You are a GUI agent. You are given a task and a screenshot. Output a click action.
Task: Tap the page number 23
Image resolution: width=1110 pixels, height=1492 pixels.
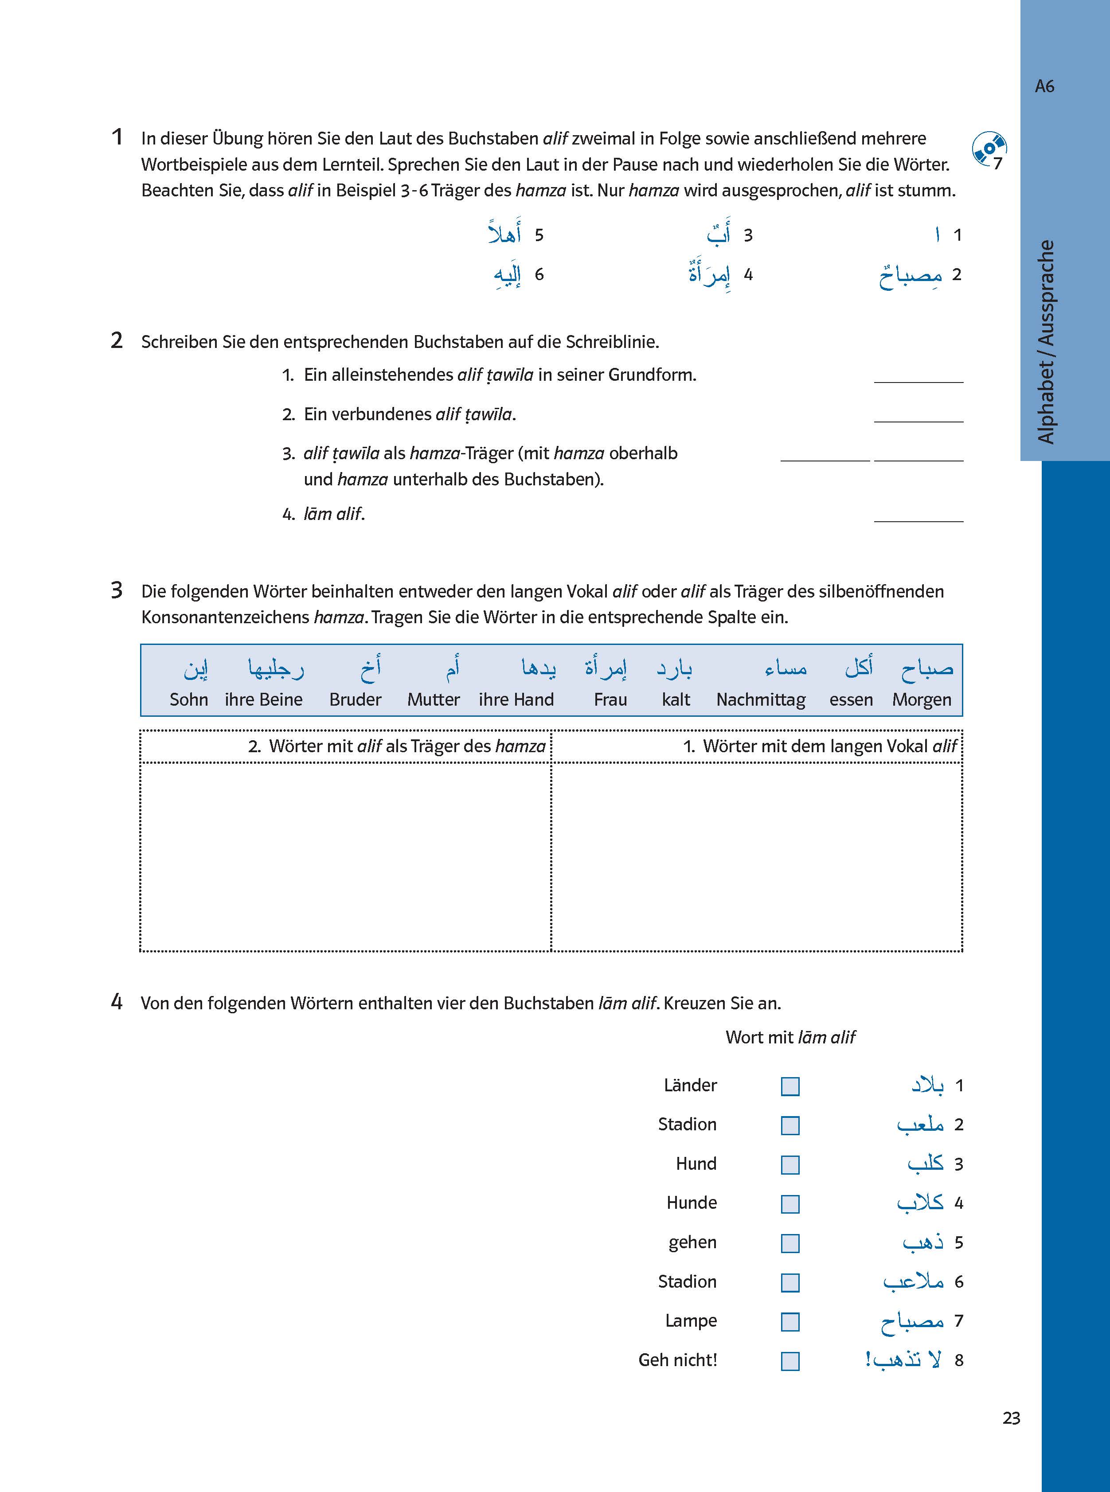pos(1011,1418)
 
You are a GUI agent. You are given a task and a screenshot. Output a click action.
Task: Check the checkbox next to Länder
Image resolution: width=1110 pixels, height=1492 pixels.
pos(790,1086)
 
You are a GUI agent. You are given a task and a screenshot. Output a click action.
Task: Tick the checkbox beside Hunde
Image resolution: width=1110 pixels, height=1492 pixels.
pos(790,1204)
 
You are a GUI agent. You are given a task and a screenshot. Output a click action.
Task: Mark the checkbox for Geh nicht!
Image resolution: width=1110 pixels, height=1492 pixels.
pos(790,1361)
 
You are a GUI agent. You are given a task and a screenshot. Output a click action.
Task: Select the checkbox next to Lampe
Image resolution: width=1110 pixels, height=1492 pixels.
pos(790,1321)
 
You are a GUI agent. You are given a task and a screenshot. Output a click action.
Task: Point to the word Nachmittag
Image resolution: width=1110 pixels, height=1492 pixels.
pos(761,699)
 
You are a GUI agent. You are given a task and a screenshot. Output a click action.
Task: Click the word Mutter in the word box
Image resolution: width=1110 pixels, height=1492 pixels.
pos(434,699)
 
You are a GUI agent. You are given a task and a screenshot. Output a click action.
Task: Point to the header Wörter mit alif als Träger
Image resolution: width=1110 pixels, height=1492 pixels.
pos(396,746)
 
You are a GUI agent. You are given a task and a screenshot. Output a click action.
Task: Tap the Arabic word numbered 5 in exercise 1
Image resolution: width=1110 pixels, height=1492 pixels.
pos(505,234)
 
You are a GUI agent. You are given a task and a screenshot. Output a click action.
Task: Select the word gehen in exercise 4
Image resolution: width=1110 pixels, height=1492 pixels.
pos(692,1243)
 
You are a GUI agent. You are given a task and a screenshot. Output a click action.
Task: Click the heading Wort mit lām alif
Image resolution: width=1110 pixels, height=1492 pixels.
pos(790,1037)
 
